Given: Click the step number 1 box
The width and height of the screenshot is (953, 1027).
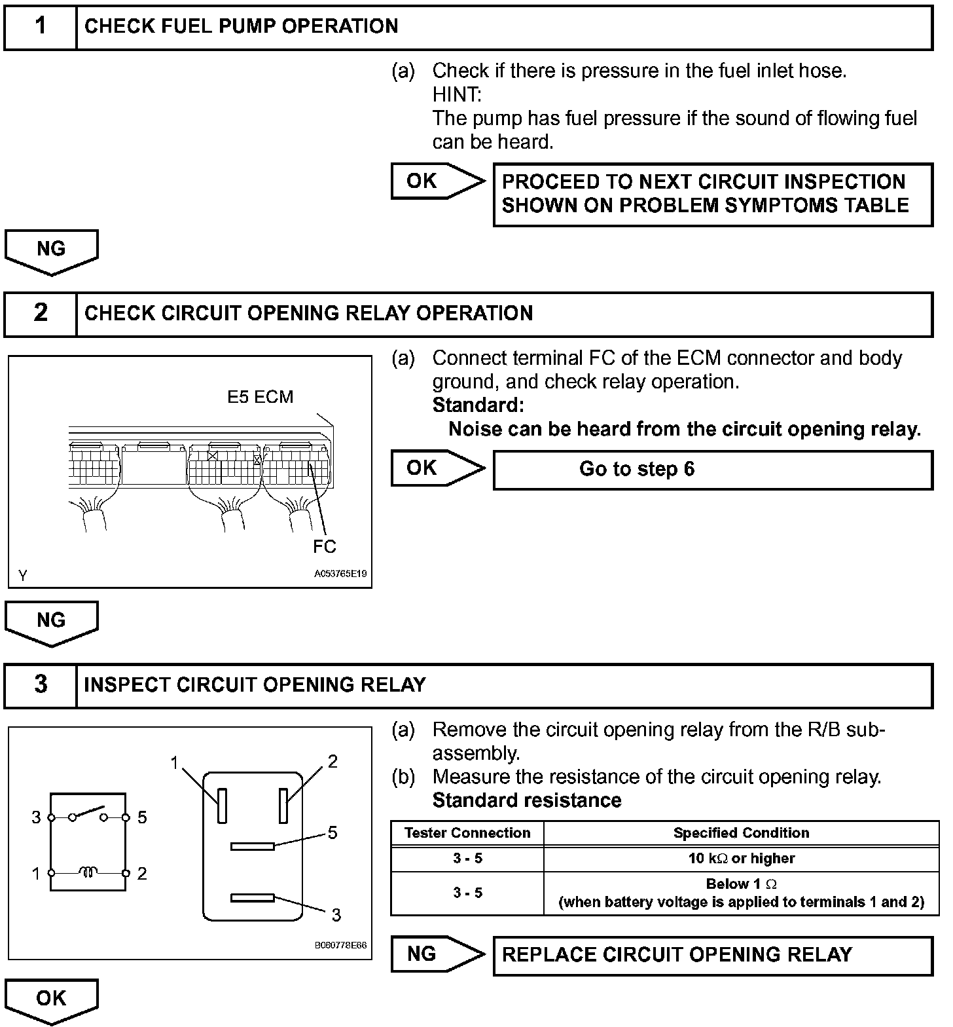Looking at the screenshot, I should [41, 26].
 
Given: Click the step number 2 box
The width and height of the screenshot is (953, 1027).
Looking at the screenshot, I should [41, 313].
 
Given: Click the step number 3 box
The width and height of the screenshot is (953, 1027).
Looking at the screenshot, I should [41, 685].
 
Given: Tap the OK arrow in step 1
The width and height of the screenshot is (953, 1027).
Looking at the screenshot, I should [437, 181].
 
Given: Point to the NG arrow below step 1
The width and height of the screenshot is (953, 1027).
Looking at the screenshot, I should [51, 251].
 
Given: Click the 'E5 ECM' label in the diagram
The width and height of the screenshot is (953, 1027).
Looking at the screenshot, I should [260, 397].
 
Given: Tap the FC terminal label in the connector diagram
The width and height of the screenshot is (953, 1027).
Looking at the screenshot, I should [324, 546].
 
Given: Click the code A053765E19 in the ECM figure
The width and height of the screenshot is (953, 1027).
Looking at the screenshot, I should [340, 574].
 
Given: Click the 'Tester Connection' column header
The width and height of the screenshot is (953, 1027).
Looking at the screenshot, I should [467, 833].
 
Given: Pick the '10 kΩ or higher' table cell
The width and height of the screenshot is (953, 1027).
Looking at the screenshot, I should [741, 859].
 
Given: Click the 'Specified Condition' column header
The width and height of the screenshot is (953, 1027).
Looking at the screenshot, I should [741, 833].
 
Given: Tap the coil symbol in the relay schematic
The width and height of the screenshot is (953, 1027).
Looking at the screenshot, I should [88, 872].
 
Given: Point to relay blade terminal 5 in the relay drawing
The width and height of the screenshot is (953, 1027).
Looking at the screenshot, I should [252, 846].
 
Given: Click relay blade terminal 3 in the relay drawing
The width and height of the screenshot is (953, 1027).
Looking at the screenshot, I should [252, 898].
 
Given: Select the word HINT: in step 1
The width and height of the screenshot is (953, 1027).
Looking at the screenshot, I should [457, 95].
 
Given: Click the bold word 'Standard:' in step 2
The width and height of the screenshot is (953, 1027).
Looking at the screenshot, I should [478, 405].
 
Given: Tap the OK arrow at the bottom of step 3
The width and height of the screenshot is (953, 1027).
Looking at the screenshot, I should [51, 999].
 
